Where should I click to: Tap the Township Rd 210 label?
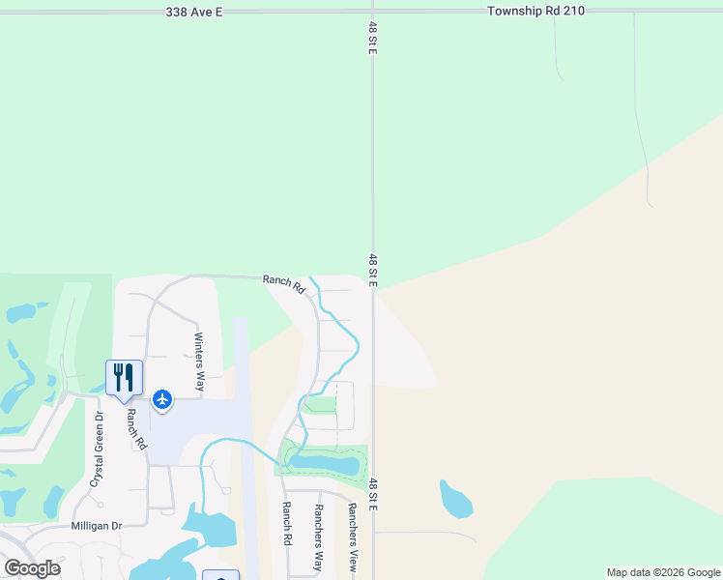pyautogui.click(x=535, y=11)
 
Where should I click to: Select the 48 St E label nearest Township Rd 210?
pyautogui.click(x=372, y=38)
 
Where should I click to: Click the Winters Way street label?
pyautogui.click(x=199, y=362)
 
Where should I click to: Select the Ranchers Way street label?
pyautogui.click(x=317, y=537)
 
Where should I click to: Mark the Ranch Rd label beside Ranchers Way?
pyautogui.click(x=286, y=523)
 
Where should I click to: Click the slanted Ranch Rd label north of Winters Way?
pyautogui.click(x=284, y=284)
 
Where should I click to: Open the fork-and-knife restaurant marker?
pyautogui.click(x=124, y=377)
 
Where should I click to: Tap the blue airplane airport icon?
pyautogui.click(x=161, y=398)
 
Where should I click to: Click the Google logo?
pyautogui.click(x=32, y=568)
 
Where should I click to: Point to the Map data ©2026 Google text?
pyautogui.click(x=663, y=572)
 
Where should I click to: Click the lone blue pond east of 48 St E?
pyautogui.click(x=455, y=499)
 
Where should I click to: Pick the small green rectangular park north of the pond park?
pyautogui.click(x=321, y=404)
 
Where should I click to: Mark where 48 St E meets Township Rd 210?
pyautogui.click(x=372, y=12)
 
